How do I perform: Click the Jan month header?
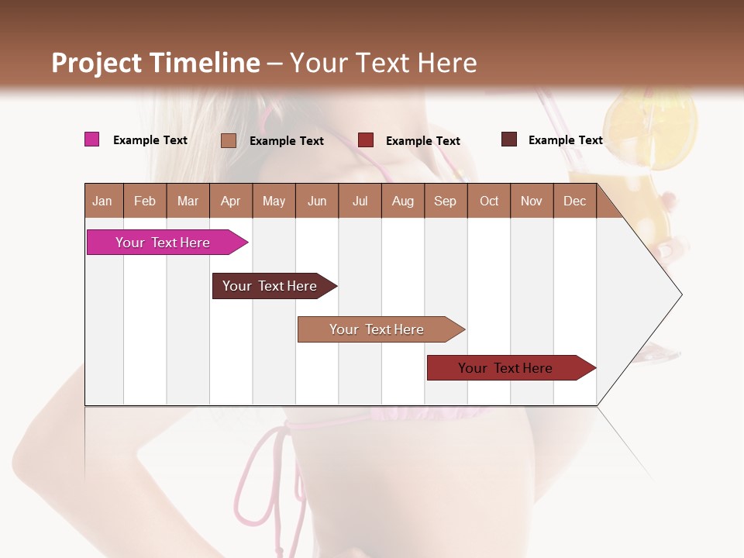click(x=103, y=201)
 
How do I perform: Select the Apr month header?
click(x=231, y=201)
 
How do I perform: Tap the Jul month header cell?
click(x=360, y=201)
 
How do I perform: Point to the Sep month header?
click(x=445, y=201)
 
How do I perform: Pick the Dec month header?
click(x=574, y=201)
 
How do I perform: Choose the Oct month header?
click(x=489, y=201)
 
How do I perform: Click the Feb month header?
click(x=145, y=201)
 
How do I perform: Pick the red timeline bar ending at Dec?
click(x=508, y=368)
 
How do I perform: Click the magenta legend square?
click(x=91, y=139)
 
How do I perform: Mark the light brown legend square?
click(x=228, y=140)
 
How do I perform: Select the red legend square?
click(x=365, y=140)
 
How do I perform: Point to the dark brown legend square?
click(x=508, y=139)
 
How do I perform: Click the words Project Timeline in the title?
click(x=155, y=63)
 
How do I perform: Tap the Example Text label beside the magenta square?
click(x=150, y=140)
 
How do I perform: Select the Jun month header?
click(x=317, y=201)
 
